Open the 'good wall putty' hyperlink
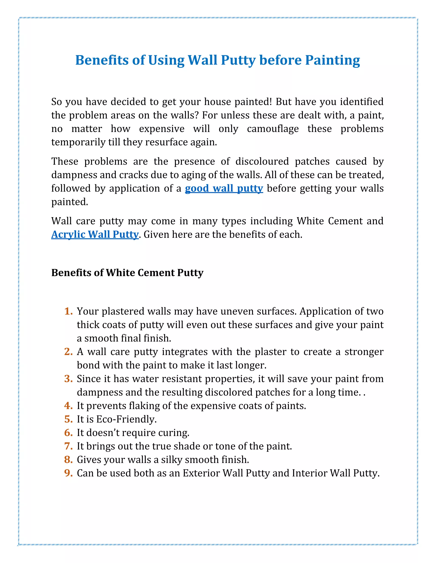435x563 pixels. pyautogui.click(x=224, y=188)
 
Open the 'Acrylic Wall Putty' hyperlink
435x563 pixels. pyautogui.click(x=95, y=235)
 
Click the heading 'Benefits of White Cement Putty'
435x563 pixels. pyautogui.click(x=127, y=273)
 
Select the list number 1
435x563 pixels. pyautogui.click(x=68, y=311)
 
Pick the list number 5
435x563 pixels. pyautogui.click(x=68, y=419)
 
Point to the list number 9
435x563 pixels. pyautogui.click(x=68, y=473)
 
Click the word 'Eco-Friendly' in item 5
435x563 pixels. pyautogui.click(x=126, y=419)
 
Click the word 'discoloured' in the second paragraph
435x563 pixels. pyautogui.click(x=262, y=162)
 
